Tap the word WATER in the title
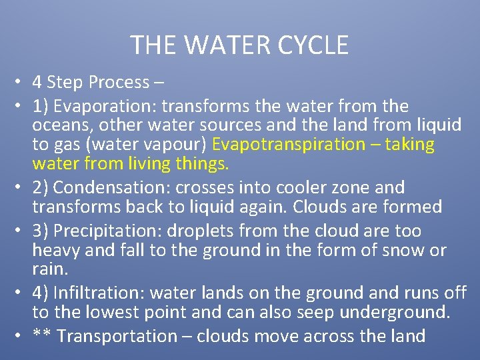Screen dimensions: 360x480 (224, 45)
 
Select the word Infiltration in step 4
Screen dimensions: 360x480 (99, 293)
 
